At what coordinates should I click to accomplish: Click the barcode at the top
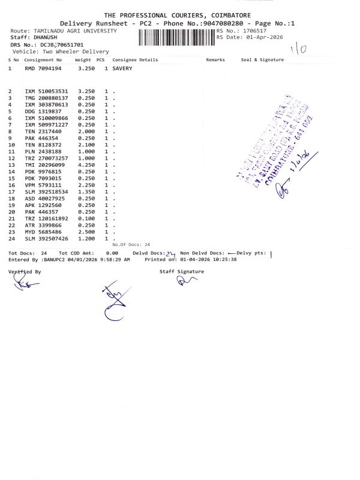(176, 37)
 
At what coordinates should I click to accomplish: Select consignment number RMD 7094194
(43, 69)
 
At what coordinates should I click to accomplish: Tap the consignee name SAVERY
(122, 69)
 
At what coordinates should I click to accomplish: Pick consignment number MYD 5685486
(43, 232)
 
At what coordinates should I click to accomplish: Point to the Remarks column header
(215, 60)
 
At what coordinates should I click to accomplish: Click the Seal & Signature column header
(262, 60)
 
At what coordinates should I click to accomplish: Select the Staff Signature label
(181, 272)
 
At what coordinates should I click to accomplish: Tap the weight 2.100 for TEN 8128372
(83, 145)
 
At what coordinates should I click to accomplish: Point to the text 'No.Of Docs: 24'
(131, 245)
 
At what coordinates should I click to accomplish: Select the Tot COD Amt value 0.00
(112, 253)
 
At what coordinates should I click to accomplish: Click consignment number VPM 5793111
(43, 185)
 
